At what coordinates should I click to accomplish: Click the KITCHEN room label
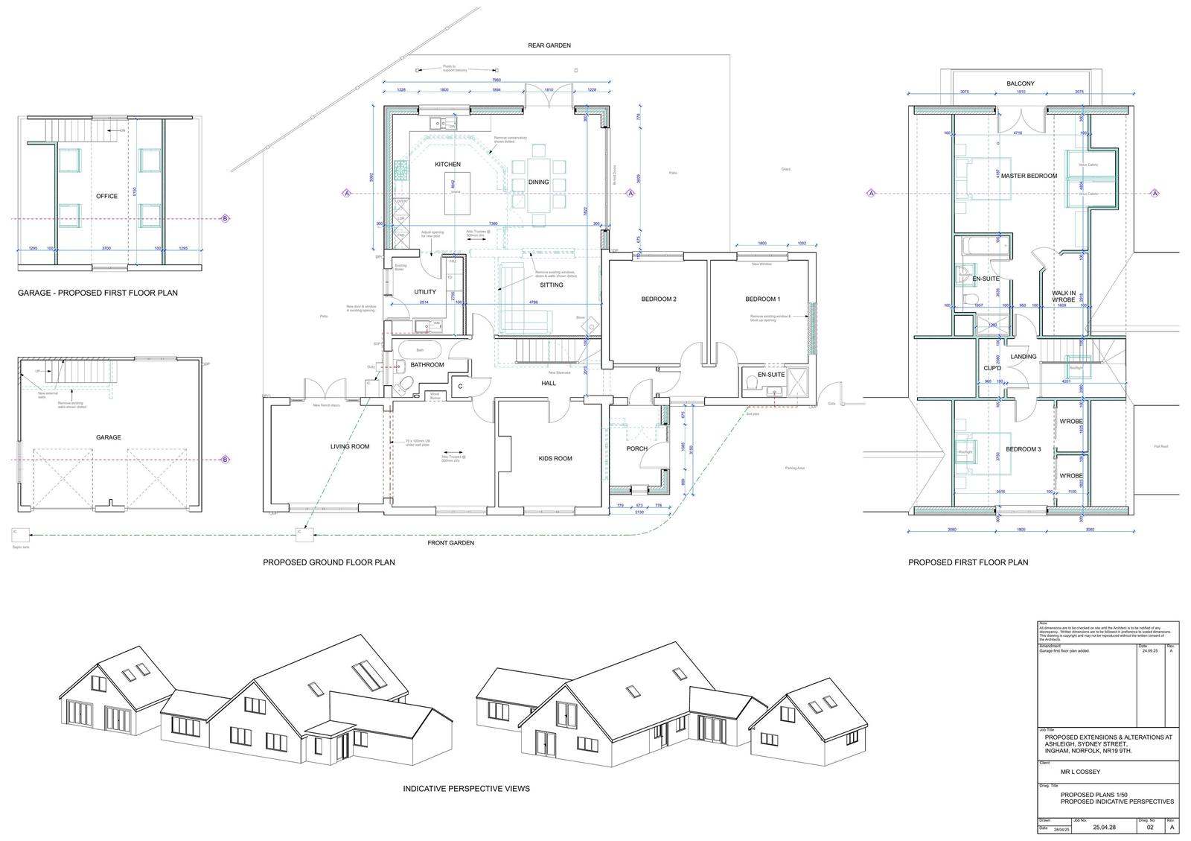pos(447,165)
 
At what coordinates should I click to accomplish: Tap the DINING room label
pos(538,183)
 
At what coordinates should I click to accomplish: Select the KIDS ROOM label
pos(555,459)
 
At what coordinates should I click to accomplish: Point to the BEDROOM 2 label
pos(658,299)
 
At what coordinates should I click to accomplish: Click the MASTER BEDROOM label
pos(1029,177)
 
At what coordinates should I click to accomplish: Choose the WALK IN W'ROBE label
pos(1064,298)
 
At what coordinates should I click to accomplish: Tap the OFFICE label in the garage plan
pos(106,197)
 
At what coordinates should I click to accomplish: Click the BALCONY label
pos(1021,84)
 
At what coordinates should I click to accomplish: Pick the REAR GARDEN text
pos(549,46)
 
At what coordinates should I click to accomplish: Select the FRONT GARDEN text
pos(450,543)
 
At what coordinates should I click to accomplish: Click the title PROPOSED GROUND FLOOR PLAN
pos(328,563)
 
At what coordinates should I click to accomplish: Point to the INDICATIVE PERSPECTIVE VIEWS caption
pos(466,789)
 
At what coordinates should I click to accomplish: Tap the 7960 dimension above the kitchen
pos(496,80)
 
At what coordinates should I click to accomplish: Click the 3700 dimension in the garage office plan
pos(106,249)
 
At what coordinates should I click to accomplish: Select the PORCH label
pos(636,448)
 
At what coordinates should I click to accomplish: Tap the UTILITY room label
pos(425,292)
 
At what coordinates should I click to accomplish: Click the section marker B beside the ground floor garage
pos(225,460)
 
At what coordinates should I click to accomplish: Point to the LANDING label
pos(1023,357)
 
